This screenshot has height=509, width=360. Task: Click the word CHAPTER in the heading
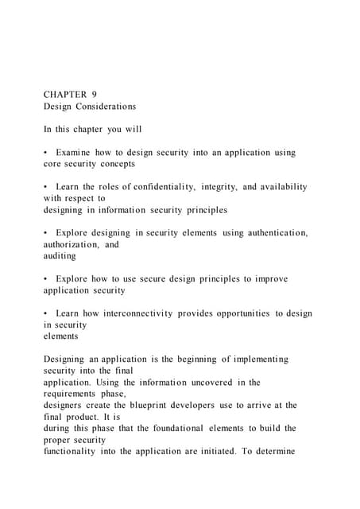click(x=64, y=94)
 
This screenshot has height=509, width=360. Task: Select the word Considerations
click(x=106, y=106)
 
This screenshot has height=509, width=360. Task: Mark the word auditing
click(x=60, y=256)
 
